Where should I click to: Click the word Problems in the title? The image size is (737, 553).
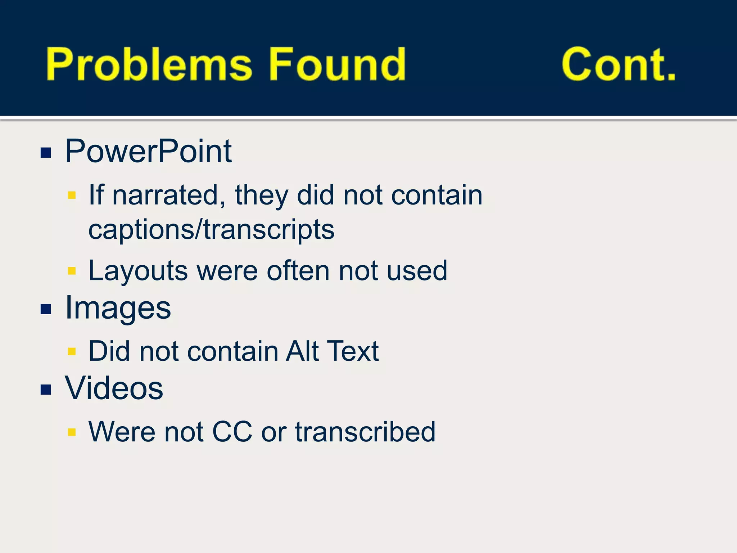pos(148,65)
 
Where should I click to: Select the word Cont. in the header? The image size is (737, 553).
pos(618,65)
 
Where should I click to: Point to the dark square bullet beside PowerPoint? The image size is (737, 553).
pos(46,153)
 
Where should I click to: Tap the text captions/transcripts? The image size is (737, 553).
pos(211,230)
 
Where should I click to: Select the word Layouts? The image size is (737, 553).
pos(138,271)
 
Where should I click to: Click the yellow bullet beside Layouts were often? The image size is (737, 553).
pos(72,271)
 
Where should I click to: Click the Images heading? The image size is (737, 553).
pos(118,308)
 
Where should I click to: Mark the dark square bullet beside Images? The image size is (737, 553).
pos(46,309)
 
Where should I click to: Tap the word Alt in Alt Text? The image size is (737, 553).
pos(302,351)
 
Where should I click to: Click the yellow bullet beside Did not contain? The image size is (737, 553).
pos(72,351)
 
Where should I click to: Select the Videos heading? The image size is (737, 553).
pos(114,388)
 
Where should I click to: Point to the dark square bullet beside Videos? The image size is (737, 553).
pos(46,389)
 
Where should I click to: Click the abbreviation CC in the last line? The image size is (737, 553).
pos(232,431)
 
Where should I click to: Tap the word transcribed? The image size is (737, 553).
pos(365,431)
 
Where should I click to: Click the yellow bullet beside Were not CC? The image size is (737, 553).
pos(72,432)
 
